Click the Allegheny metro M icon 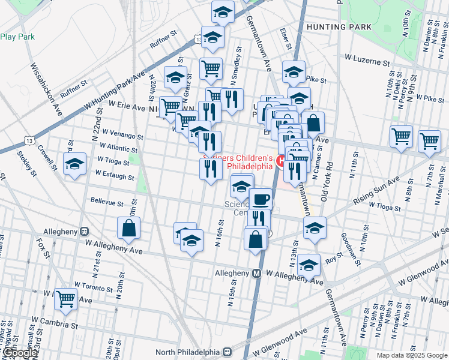pos(256,273)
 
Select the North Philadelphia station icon pos(228,352)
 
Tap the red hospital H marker pos(280,161)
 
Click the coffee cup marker pos(260,199)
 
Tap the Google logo pos(19,353)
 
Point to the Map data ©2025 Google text pos(412,355)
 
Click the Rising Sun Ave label pos(376,191)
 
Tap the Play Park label pos(17,37)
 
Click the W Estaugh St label pos(114,175)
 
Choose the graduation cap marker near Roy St pos(309,264)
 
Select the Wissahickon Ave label pos(45,90)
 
